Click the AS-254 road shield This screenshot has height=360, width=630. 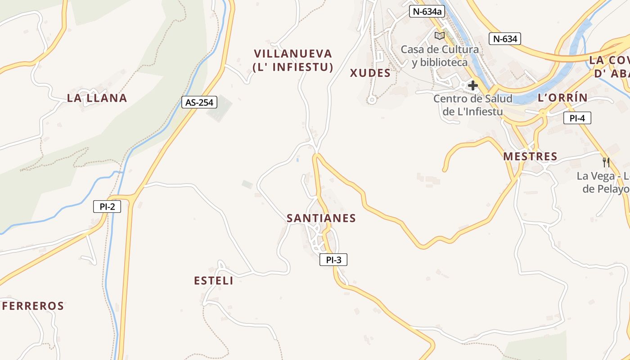tap(199, 102)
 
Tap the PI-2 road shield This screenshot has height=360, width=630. tap(107, 207)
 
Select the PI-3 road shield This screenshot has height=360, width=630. tap(333, 260)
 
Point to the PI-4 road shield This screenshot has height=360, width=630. tap(577, 118)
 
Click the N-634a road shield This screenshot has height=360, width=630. tap(427, 11)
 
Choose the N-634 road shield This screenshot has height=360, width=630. tap(505, 39)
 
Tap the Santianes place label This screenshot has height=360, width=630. tap(321, 218)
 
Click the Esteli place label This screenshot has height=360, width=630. tap(214, 281)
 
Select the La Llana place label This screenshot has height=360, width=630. tap(97, 98)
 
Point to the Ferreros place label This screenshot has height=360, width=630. tap(33, 306)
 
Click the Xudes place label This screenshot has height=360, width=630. tap(370, 73)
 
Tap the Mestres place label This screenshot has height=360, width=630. tap(530, 157)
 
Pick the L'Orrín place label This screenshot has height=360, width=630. tap(562, 98)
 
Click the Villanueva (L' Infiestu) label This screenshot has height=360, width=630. tap(293, 60)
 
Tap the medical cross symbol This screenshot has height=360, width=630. tap(472, 85)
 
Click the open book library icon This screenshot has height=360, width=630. tap(439, 36)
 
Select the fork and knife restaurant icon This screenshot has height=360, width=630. tap(606, 162)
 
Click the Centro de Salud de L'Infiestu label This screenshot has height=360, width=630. tap(472, 105)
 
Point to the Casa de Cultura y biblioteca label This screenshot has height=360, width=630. tap(440, 56)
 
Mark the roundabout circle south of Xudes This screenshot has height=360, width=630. tap(371, 100)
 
